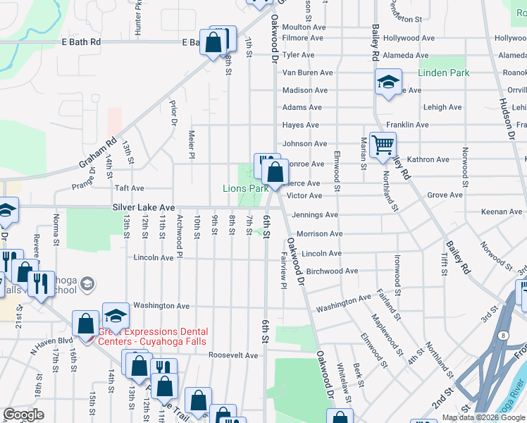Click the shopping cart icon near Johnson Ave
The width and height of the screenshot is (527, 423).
(383, 145)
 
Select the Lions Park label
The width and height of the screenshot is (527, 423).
(245, 188)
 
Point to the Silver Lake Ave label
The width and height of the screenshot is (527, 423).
(143, 207)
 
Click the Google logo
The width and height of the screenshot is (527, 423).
(23, 415)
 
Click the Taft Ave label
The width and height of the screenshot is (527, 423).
(129, 188)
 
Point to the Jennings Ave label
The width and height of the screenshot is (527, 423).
(315, 214)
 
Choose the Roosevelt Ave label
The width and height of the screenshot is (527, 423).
(232, 355)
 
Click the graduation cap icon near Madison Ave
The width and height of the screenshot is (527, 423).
(387, 82)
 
